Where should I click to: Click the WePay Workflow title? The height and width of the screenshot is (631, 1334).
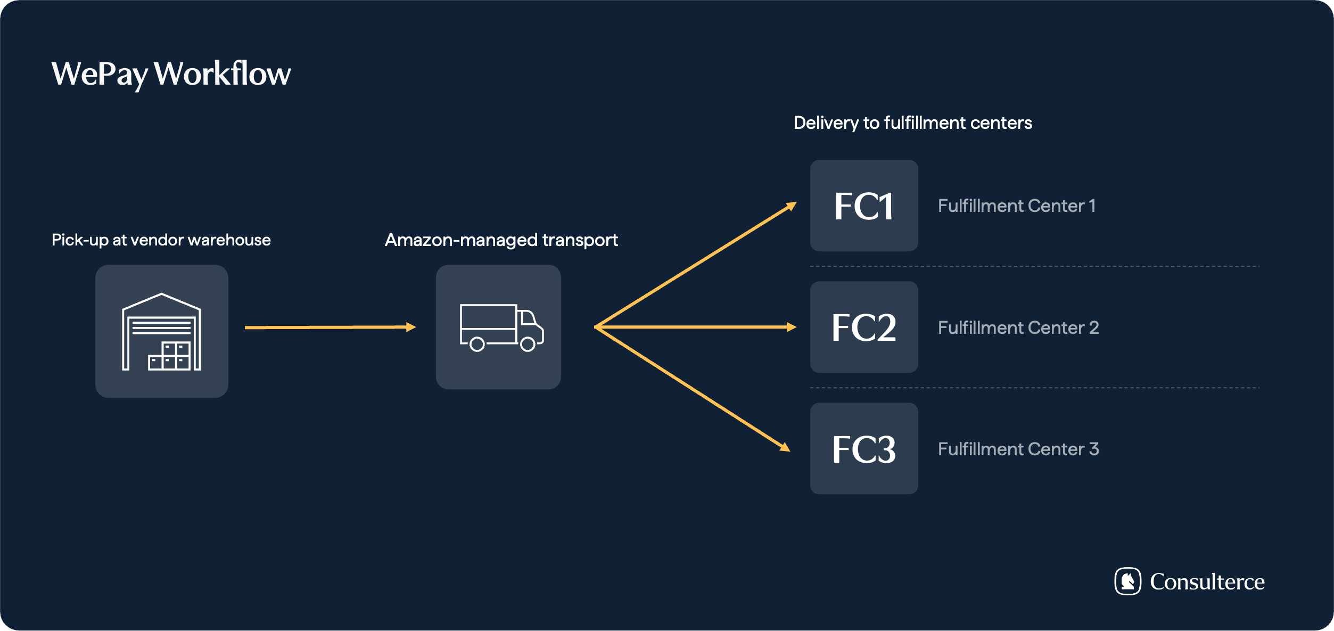pos(171,73)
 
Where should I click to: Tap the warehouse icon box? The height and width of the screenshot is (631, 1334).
pos(161,331)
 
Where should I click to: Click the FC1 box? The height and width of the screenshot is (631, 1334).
pos(863,206)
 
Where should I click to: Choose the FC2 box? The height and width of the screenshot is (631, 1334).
pos(863,327)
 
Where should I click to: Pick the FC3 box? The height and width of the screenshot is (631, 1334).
pos(863,448)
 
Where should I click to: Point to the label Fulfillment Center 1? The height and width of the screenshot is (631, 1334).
pos(1016,206)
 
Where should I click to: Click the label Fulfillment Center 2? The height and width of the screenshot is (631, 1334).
pos(1018,327)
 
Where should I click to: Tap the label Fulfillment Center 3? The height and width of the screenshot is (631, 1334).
pos(1018,449)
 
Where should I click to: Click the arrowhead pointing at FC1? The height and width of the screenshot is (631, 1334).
pos(792,206)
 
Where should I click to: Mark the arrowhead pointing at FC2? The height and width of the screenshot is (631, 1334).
pos(792,327)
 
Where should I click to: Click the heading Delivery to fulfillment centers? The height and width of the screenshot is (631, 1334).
pos(912,123)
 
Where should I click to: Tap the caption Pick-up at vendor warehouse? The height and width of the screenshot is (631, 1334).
pos(161,240)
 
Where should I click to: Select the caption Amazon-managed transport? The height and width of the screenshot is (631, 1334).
pos(501,240)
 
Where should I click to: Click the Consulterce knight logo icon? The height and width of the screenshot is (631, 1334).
pos(1127,581)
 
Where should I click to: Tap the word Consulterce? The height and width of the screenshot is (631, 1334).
pos(1207,581)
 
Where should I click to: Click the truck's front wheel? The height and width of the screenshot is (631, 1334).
pos(528,345)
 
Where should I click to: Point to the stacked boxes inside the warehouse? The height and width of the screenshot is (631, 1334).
pos(169,356)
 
